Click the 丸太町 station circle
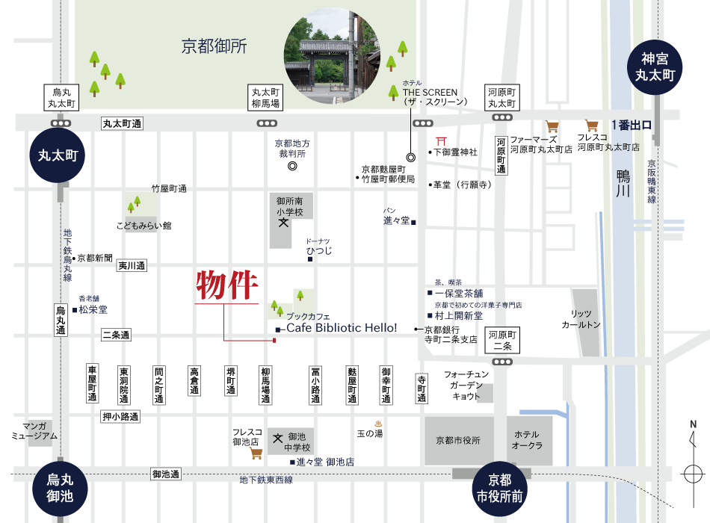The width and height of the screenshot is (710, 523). coord(58,155)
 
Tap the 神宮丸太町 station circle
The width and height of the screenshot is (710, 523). coord(655,66)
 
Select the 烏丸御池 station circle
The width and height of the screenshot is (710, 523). coord(60,488)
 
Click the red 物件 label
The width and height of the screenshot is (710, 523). coord(227,285)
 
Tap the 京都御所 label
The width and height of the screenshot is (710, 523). coord(214,46)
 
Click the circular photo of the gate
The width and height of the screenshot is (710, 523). coord(332,57)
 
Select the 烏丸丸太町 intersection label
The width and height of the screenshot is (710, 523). coord(61,97)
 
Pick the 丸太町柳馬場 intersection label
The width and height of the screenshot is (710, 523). coord(266,97)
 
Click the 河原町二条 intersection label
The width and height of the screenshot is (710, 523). coord(502,340)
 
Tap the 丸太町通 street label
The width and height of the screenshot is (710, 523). coord(122,123)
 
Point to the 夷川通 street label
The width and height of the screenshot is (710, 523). coord(132,265)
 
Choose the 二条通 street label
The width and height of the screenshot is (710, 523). coord(116,335)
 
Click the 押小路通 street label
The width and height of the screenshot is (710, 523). coord(120,416)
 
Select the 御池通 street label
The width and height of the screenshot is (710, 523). coord(166,474)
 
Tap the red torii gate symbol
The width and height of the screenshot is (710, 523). coord(442,140)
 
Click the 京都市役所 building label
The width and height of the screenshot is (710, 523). coord(458,440)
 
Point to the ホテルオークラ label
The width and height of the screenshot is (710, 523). coord(527,440)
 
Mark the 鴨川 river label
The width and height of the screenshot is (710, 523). coord(623,183)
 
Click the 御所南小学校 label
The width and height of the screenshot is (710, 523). coord(290,206)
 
